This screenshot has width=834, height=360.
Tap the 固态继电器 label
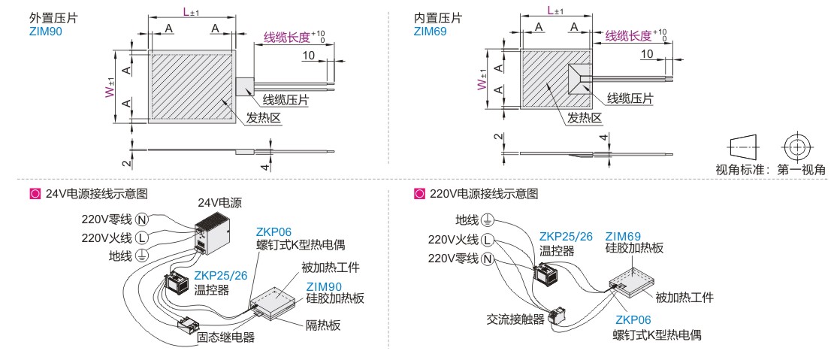(x=225, y=337)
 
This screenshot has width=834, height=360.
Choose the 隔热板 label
(x=323, y=325)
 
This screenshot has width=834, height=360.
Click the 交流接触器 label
(x=515, y=319)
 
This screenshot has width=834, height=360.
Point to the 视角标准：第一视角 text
(x=770, y=169)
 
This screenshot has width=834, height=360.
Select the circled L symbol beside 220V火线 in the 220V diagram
(x=488, y=241)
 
